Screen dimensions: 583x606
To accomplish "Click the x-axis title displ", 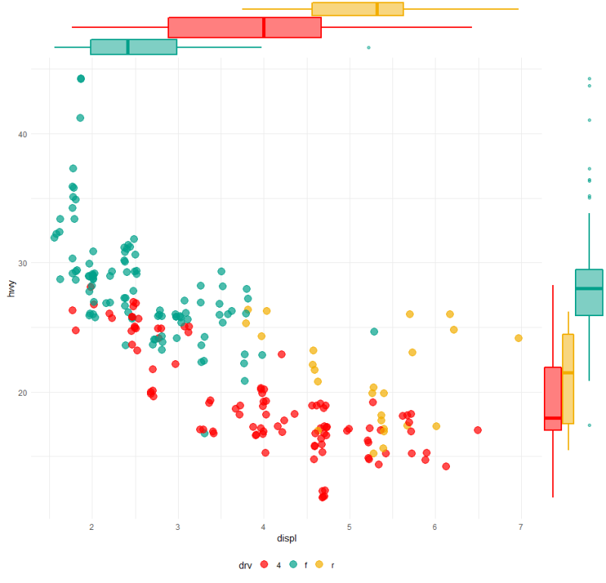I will click(288, 539).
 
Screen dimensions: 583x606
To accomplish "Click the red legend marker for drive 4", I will click(264, 565).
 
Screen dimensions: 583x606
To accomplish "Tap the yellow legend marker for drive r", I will click(319, 565).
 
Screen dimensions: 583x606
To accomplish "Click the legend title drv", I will click(245, 565).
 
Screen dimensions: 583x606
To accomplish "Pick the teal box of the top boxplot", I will click(133, 47).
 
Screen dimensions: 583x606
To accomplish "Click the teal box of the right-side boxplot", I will click(589, 292).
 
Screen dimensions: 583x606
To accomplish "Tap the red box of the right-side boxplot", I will click(553, 398).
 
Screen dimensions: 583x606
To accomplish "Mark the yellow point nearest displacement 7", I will click(519, 338).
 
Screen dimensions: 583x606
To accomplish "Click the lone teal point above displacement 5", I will click(374, 331).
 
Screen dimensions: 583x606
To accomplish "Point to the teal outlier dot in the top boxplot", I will click(369, 47).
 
